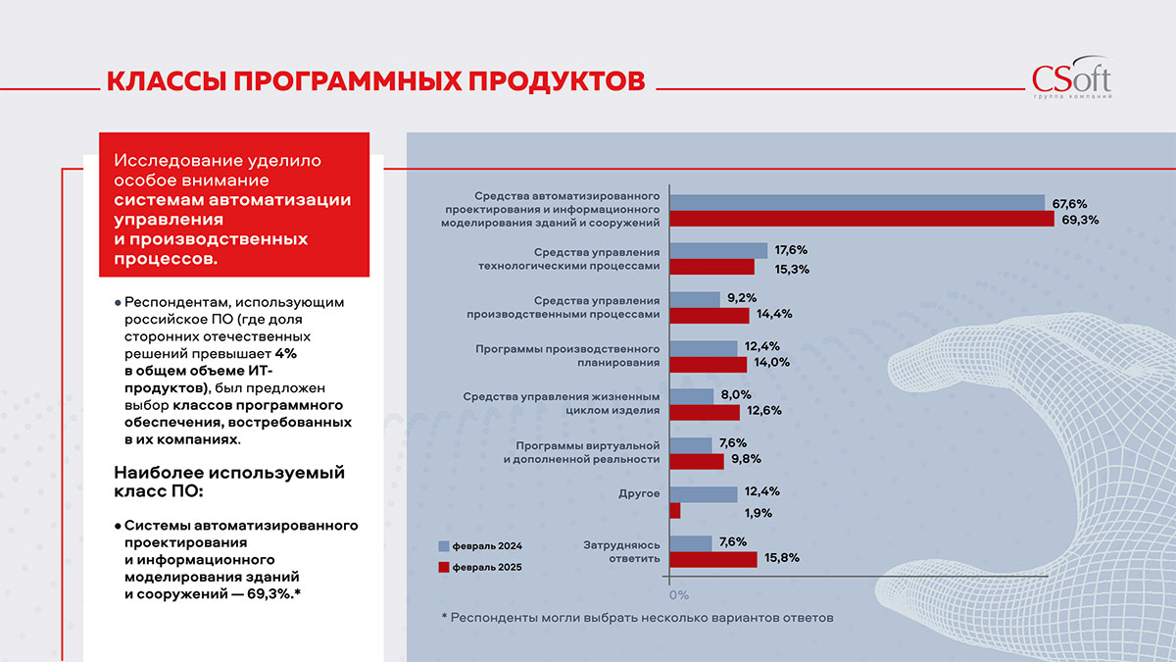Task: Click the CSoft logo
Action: (1071, 79)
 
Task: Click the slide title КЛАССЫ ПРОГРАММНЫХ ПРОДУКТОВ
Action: (375, 80)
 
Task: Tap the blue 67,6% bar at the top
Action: (857, 203)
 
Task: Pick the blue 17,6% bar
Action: (718, 250)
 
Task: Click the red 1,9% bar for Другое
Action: (674, 511)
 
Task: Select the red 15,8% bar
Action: (712, 559)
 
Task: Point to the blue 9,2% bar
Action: (695, 298)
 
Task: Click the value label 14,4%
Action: (772, 315)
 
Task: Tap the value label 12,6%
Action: (762, 411)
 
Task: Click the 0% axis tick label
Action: (677, 594)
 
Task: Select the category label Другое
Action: (640, 493)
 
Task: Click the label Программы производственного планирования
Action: (567, 356)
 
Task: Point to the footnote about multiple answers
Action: (637, 618)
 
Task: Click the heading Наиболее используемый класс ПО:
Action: (229, 482)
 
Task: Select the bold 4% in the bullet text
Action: (285, 352)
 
